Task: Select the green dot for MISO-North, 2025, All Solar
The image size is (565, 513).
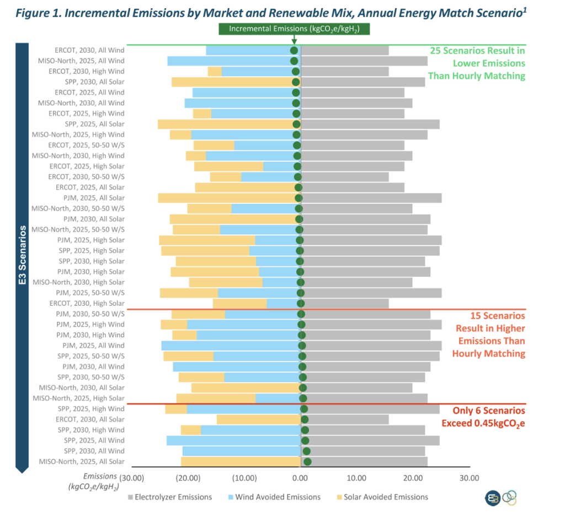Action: pyautogui.click(x=307, y=462)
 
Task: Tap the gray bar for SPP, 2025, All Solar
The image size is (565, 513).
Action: pyautogui.click(x=370, y=124)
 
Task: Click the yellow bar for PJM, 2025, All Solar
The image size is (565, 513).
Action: pyautogui.click(x=226, y=198)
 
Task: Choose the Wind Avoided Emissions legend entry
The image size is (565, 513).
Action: pyautogui.click(x=273, y=497)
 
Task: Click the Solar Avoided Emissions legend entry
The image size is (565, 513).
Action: pyautogui.click(x=380, y=497)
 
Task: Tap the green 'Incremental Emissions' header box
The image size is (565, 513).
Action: pyautogui.click(x=294, y=29)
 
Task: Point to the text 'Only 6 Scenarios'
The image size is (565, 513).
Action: pyautogui.click(x=489, y=411)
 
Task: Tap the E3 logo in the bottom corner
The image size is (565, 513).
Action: pyautogui.click(x=493, y=498)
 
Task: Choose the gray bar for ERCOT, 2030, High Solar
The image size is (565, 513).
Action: pyautogui.click(x=345, y=303)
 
